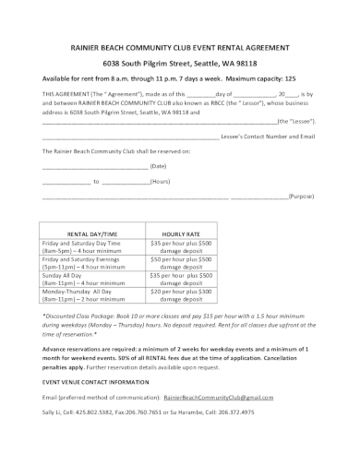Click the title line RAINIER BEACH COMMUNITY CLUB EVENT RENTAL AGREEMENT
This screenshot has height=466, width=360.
point(179,43)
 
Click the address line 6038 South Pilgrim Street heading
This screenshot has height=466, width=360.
point(179,60)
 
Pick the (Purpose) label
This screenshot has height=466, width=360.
point(302,197)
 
